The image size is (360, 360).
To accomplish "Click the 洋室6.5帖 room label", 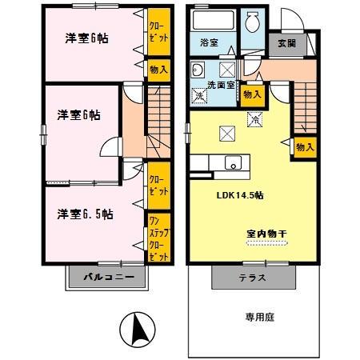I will pos(84,214).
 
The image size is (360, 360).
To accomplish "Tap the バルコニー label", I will pos(106,278).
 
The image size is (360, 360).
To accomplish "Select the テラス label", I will pos(251,278).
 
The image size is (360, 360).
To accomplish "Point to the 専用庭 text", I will pos(259,318).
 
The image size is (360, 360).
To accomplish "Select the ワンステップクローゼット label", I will pos(158,238).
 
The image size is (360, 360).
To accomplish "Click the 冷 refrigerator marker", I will pos(254,120).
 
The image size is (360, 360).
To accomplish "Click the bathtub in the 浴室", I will pos(213,21).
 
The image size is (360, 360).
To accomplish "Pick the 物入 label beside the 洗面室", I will pos(251,94).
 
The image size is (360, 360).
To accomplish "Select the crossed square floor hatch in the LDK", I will pos(226,132).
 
